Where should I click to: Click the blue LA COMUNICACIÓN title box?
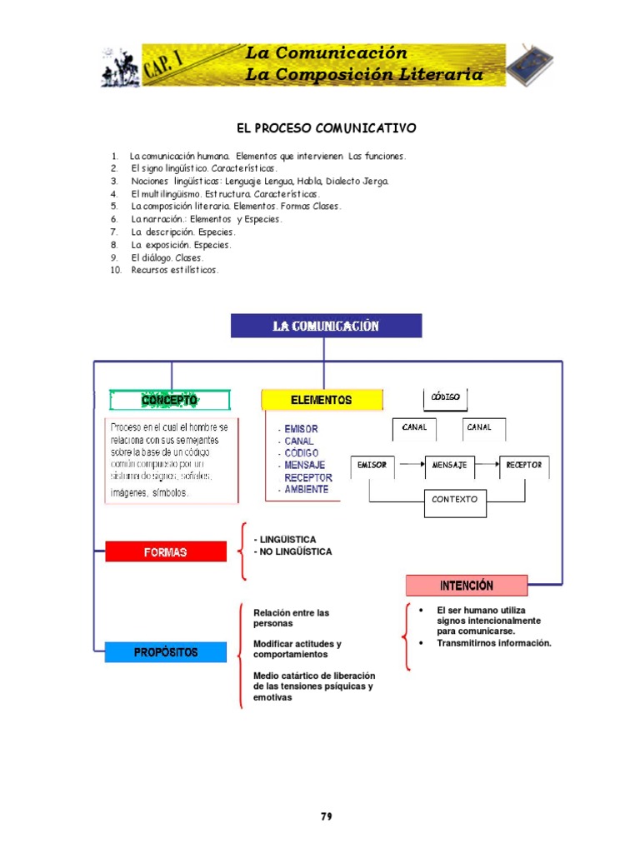point(326,326)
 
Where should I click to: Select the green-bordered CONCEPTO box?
point(169,400)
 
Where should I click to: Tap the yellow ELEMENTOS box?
point(322,400)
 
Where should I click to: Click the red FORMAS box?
point(166,551)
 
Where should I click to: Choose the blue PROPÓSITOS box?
point(166,652)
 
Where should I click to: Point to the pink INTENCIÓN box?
point(467,585)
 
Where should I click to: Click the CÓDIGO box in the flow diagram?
point(446,397)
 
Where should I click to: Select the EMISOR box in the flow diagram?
point(372,465)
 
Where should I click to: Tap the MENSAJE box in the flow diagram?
point(450,465)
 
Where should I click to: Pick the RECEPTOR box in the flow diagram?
point(524,465)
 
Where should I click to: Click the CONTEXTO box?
point(454,500)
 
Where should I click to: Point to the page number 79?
point(327,816)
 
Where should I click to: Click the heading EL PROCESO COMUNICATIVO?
point(326,128)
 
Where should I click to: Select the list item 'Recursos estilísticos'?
point(174,270)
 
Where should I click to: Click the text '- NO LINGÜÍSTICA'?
point(292,551)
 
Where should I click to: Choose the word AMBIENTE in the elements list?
point(307,490)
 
